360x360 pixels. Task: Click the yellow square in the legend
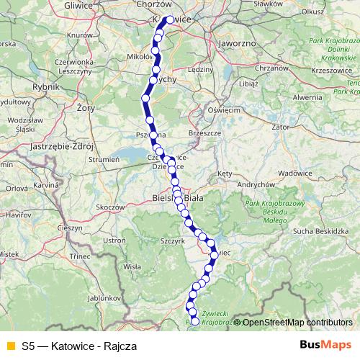click(x=9, y=346)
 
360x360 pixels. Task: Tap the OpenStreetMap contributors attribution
click(x=297, y=323)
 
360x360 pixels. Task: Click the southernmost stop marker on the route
click(x=194, y=322)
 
